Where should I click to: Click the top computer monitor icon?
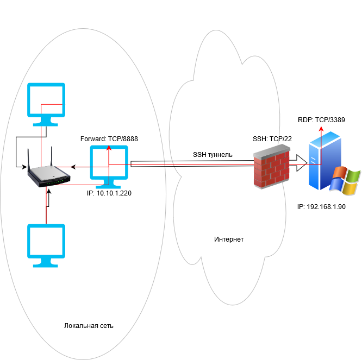click(46, 103)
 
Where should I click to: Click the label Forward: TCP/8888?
click(109, 139)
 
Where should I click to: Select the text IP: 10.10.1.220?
click(109, 192)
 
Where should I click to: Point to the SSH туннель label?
click(213, 155)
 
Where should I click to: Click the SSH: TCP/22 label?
click(272, 139)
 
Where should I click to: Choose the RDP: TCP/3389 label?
click(322, 120)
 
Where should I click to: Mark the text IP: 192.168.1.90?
click(322, 207)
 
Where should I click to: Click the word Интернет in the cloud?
click(229, 239)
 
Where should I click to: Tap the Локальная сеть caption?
click(89, 325)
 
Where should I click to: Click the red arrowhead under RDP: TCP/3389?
click(321, 129)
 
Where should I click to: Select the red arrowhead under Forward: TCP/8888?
click(109, 148)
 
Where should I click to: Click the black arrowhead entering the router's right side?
click(76, 167)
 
